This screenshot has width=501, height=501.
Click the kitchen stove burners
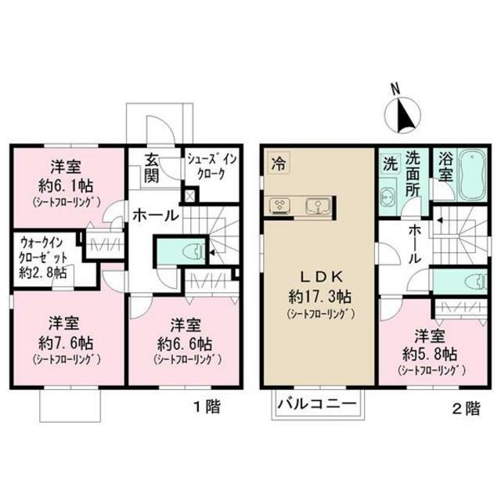(279, 206)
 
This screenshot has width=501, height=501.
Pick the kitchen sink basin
(318, 206)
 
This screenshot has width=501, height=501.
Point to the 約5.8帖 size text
(431, 353)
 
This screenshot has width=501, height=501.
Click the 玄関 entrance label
(153, 170)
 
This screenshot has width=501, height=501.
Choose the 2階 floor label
(467, 407)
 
